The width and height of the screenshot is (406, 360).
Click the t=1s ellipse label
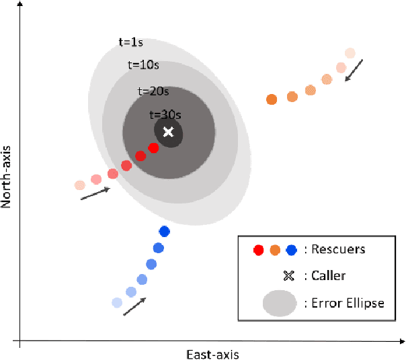pyautogui.click(x=130, y=42)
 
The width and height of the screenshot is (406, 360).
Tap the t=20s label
pyautogui.click(x=153, y=90)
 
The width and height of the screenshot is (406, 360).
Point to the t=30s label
pyautogui.click(x=164, y=114)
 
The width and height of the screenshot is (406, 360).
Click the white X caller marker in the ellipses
pyautogui.click(x=169, y=132)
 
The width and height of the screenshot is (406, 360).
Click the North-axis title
pyautogui.click(x=8, y=168)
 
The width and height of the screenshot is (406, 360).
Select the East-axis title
pyautogui.click(x=212, y=353)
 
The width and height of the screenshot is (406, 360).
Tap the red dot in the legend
pyautogui.click(x=259, y=250)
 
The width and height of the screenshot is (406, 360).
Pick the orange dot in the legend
pyautogui.click(x=275, y=250)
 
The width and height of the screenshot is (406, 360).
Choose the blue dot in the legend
pyautogui.click(x=291, y=250)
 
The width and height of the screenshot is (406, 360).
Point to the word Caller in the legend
pyautogui.click(x=329, y=275)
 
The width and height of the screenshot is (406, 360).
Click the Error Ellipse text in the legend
pyautogui.click(x=348, y=303)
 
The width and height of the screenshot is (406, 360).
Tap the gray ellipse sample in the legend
pyautogui.click(x=280, y=303)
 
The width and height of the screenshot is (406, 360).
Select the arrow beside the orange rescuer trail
pyautogui.click(x=354, y=70)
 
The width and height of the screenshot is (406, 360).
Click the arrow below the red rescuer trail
pyautogui.click(x=95, y=193)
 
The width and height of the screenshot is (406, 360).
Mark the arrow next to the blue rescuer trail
pyautogui.click(x=134, y=306)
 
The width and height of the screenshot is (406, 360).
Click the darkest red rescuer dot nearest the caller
pyautogui.click(x=153, y=148)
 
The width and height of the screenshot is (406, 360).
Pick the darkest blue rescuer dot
pyautogui.click(x=164, y=232)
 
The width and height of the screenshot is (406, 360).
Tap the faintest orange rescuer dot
pyautogui.click(x=350, y=53)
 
